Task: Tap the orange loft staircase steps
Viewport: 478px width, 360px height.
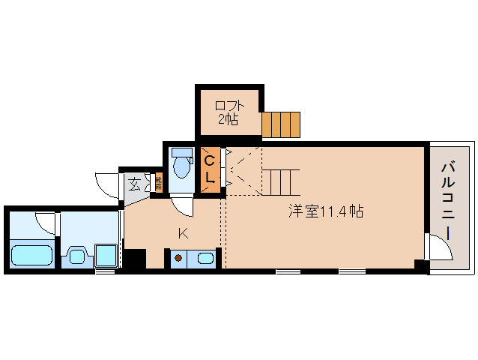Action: (x=281, y=124)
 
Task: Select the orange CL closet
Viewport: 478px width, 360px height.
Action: (x=211, y=169)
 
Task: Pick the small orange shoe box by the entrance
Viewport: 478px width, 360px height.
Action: (x=159, y=183)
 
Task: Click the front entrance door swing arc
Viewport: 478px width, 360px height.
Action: (x=107, y=185)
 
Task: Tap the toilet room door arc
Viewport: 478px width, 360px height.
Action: (x=182, y=205)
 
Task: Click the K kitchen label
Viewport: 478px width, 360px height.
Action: (x=182, y=233)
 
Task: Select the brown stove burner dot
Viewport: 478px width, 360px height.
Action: (x=178, y=259)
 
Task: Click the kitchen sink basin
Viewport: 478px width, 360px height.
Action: (x=205, y=259)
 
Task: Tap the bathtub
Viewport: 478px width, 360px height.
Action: (x=31, y=255)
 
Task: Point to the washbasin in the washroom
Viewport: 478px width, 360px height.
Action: (x=76, y=256)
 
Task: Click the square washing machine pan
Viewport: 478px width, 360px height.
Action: (x=107, y=255)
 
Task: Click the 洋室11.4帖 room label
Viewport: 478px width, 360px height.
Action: (x=327, y=211)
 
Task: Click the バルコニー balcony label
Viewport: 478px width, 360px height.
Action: (x=448, y=200)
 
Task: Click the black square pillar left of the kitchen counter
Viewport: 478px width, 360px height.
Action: (x=135, y=259)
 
